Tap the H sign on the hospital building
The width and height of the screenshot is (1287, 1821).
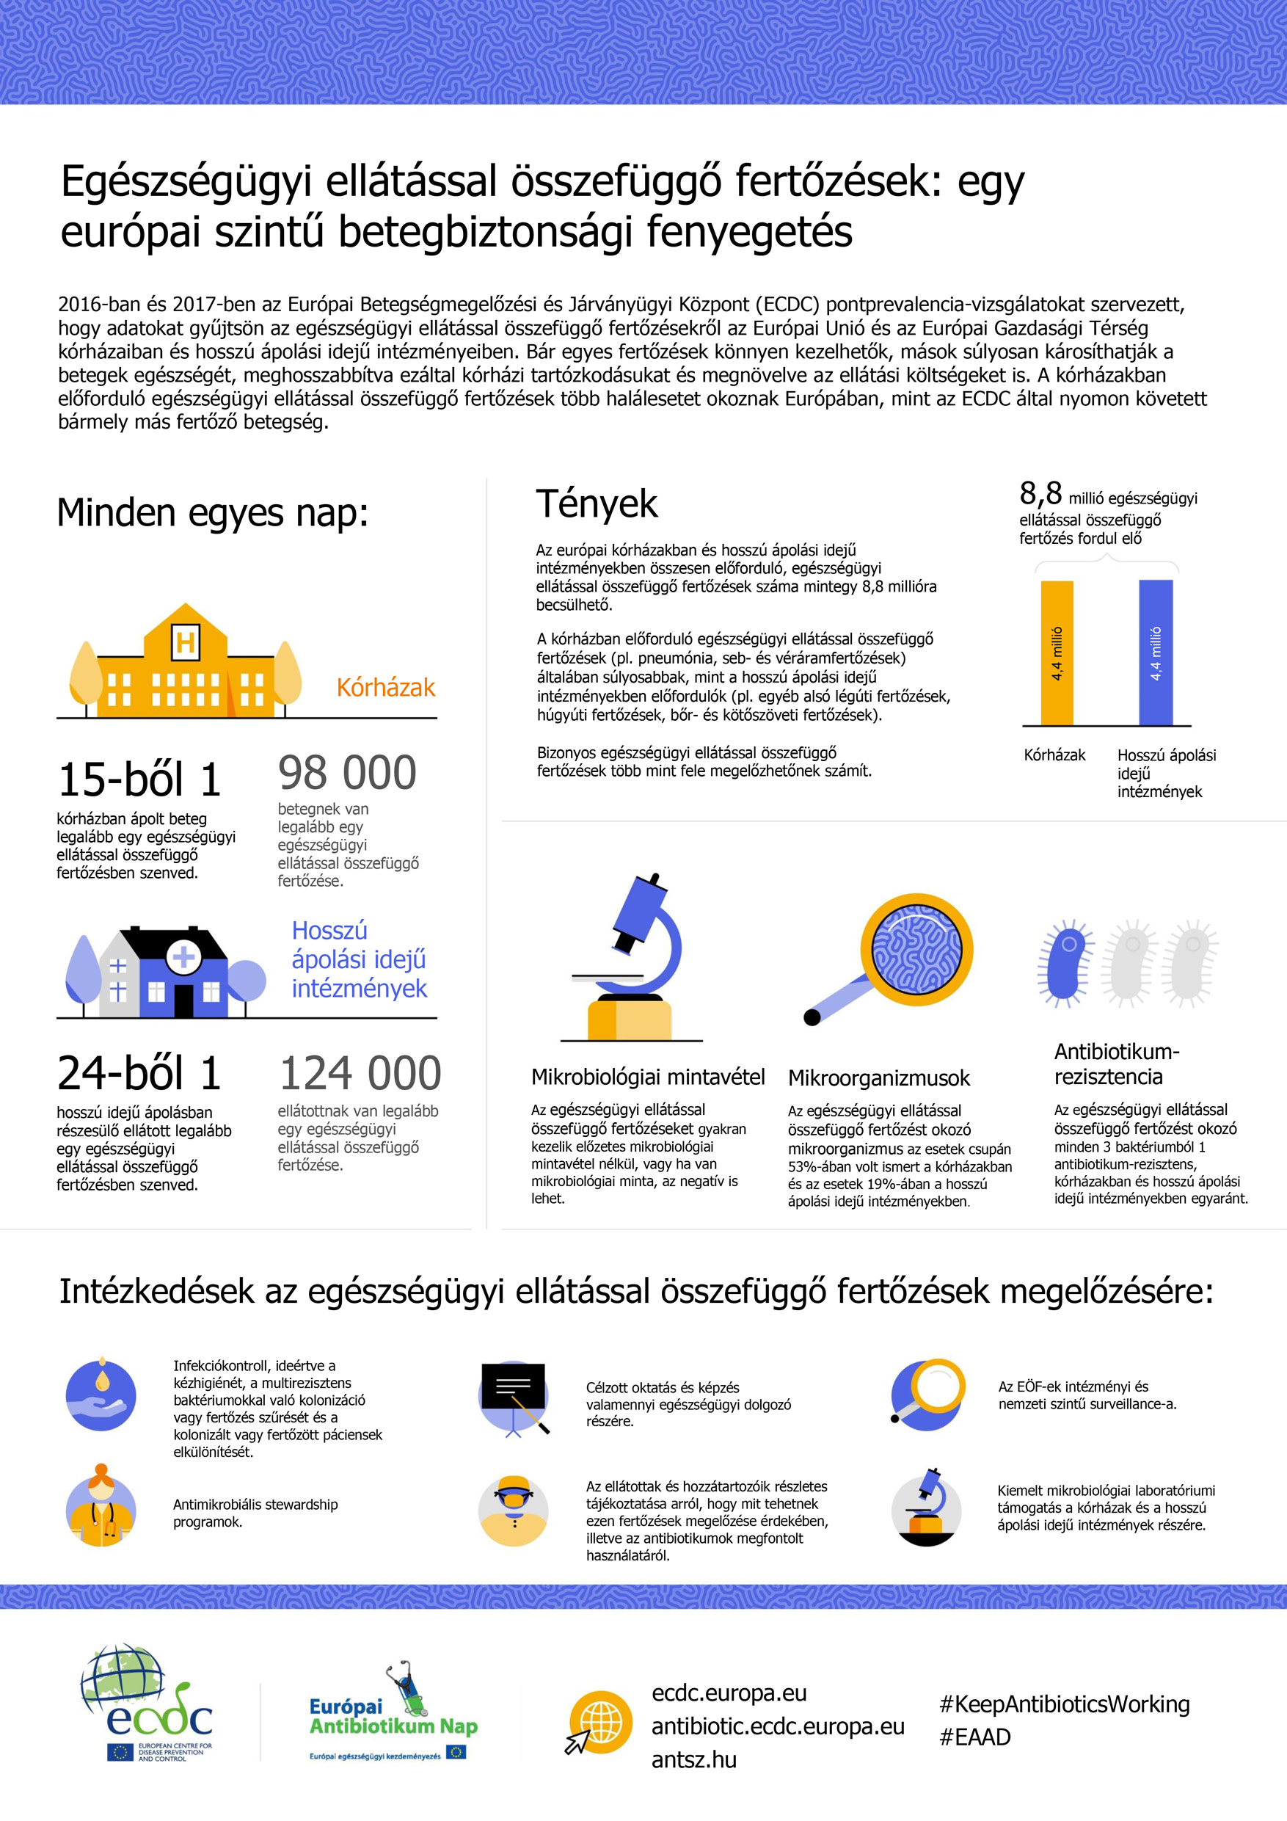pos(186,641)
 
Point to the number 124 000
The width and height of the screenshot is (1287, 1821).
pos(360,1073)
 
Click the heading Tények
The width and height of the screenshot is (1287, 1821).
pos(597,504)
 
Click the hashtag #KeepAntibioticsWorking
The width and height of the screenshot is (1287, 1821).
pos(1064,1704)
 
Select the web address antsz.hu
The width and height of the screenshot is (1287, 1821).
pos(694,1760)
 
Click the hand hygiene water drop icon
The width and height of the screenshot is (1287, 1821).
pos(101,1395)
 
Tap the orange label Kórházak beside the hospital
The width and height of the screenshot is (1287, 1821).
pos(385,687)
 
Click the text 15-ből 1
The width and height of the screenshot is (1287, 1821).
pos(139,779)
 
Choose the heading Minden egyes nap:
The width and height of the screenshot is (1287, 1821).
pos(213,512)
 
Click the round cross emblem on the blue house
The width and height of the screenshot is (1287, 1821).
pos(184,956)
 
